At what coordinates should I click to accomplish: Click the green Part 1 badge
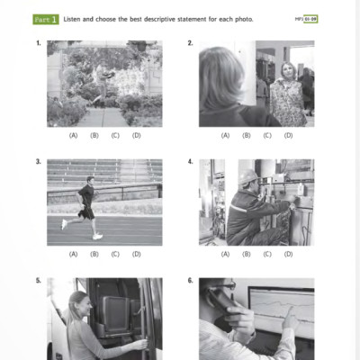[x=46, y=19]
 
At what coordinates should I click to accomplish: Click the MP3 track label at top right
[x=306, y=19]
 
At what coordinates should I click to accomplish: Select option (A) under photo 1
[x=74, y=135]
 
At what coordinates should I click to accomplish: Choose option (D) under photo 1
[x=137, y=135]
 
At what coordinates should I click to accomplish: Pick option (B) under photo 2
[x=247, y=135]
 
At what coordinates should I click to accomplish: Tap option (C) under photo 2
[x=267, y=135]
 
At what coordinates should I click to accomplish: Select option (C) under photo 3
[x=115, y=254]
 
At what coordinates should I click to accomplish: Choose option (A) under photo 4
[x=226, y=254]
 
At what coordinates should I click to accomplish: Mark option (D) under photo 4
[x=288, y=254]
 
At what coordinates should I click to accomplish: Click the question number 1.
[x=38, y=43]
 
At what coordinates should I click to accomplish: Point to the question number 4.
[x=190, y=162]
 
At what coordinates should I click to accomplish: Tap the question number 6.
[x=190, y=281]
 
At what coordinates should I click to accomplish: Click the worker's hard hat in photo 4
[x=249, y=175]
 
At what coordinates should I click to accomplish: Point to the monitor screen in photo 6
[x=279, y=310]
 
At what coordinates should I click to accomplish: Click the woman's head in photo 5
[x=76, y=303]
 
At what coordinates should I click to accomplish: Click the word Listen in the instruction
[x=75, y=19]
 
